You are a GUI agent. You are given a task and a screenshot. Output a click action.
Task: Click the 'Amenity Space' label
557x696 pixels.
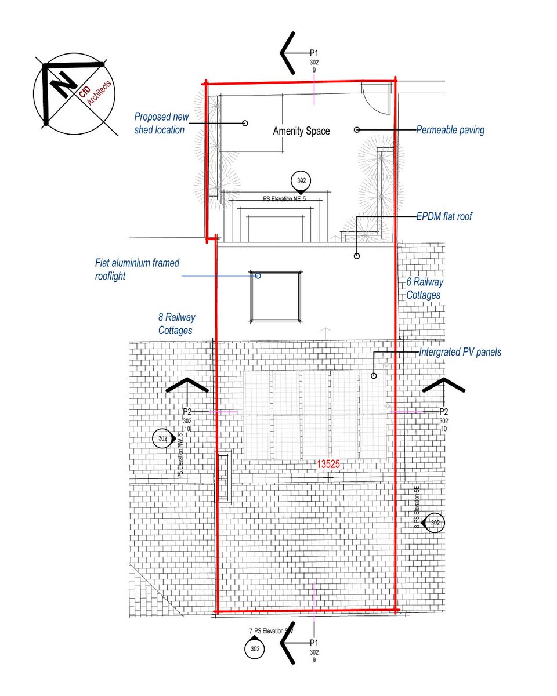point(301,131)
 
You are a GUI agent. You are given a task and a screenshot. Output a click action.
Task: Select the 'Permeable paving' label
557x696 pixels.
point(450,130)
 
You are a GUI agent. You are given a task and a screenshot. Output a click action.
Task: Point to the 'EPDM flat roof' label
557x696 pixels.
point(444,217)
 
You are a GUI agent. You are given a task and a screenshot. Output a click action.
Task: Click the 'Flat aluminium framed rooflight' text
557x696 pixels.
point(137,270)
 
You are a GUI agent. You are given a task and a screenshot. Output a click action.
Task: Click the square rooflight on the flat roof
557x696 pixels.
point(276,296)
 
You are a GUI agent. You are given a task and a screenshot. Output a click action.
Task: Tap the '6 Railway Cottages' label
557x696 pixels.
point(424,288)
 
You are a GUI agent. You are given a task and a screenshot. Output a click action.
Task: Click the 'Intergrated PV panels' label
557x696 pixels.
point(460,352)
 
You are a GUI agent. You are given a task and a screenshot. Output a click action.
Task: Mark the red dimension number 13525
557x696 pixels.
point(328,465)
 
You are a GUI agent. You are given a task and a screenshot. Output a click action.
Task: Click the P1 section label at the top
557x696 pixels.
point(314,53)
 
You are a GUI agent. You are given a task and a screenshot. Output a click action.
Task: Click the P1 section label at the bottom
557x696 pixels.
point(314,643)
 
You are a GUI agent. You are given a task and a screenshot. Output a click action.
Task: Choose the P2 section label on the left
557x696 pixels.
point(187,411)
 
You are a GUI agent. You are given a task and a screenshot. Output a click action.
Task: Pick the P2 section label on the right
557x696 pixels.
point(443,411)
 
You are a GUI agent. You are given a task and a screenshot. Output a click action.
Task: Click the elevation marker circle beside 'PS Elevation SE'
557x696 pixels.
point(435,523)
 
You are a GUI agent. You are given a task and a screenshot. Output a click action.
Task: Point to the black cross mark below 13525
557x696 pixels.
point(329,477)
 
